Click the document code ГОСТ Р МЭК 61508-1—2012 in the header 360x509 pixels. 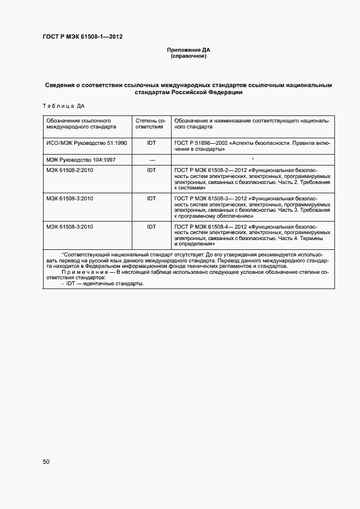pyautogui.click(x=82, y=37)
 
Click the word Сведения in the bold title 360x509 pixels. pyautogui.click(x=60, y=85)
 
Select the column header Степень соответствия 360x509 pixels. pyautogui.click(x=151, y=122)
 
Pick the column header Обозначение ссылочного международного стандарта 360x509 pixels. pyautogui.click(x=81, y=122)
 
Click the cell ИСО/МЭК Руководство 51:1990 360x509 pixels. pyautogui.click(x=87, y=142)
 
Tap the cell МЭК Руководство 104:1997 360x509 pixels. pyautogui.click(x=81, y=160)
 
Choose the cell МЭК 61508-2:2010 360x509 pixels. pyautogui.click(x=70, y=170)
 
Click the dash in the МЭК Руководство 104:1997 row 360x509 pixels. pyautogui.click(x=151, y=160)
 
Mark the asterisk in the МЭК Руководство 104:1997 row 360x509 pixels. pyautogui.click(x=253, y=160)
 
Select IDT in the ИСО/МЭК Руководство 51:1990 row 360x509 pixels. pyautogui.click(x=151, y=142)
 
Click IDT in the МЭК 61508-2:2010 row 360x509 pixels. pyautogui.click(x=151, y=170)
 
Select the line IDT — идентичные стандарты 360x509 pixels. pyautogui.click(x=103, y=284)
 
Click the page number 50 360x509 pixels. pyautogui.click(x=46, y=462)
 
